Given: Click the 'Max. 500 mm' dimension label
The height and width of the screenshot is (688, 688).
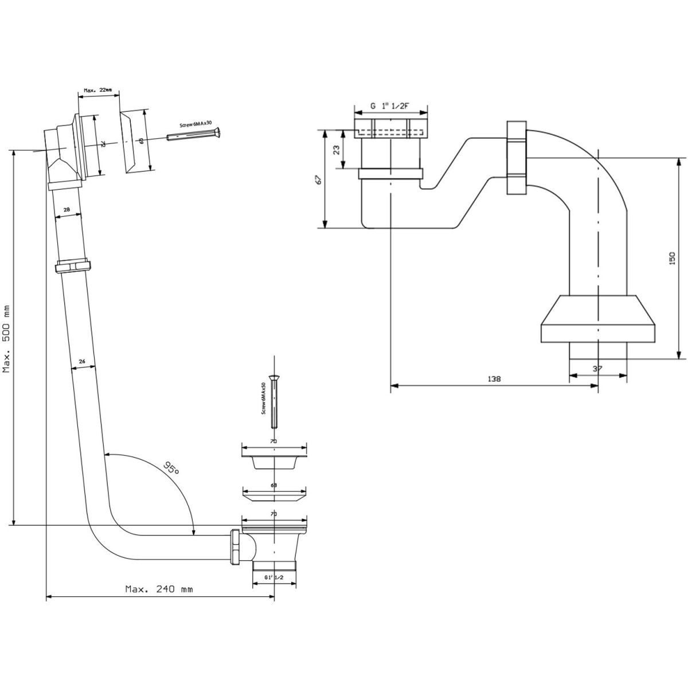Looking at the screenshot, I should (7, 338).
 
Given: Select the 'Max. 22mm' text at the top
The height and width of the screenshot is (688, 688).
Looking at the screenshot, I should (99, 90).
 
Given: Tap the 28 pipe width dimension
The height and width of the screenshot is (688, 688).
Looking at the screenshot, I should (67, 210).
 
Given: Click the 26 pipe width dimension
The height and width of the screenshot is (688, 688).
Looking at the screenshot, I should (82, 361).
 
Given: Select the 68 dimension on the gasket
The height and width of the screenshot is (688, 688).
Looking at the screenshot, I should (274, 486).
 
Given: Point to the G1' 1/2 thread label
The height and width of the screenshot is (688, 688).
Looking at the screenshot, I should (274, 577).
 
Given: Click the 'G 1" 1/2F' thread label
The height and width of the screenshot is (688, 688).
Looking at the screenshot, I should (390, 105).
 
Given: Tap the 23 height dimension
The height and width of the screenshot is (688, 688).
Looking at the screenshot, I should (337, 149).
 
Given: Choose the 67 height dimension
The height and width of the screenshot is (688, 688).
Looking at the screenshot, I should (319, 178).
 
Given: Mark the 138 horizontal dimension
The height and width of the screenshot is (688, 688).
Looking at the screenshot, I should (493, 379).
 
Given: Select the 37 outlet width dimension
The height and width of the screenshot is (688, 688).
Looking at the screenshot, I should (597, 369).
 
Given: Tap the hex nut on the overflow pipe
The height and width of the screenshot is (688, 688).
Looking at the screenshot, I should (73, 267).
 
